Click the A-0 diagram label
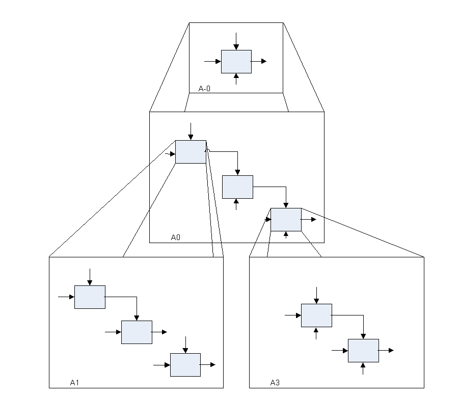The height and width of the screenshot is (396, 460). point(204,89)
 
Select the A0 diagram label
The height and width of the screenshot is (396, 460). point(176,237)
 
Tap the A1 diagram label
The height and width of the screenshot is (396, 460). point(74,382)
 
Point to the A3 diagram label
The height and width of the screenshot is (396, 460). point(275,382)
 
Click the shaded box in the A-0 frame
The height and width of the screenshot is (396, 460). point(236,62)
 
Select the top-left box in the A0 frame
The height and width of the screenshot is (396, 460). point(191,152)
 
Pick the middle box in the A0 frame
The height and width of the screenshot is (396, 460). point(237,187)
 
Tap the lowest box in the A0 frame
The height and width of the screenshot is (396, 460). point(286,220)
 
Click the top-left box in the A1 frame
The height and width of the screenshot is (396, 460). point(90,297)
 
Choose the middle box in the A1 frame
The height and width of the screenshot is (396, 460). point(137,332)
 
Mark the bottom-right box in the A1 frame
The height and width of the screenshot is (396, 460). point(185,365)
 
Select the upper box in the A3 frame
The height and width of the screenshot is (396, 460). point(316,315)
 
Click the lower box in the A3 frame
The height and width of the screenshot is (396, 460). point(363,351)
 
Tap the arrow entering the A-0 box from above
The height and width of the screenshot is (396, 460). point(236,41)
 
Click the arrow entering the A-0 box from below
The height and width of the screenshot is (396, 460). point(236,79)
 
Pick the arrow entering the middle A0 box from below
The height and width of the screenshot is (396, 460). point(236,204)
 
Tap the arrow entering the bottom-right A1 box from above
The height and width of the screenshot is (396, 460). point(185,345)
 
